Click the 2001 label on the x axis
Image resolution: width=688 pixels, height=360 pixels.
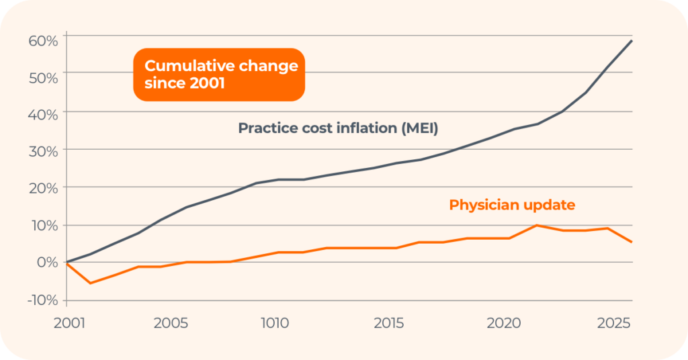69,323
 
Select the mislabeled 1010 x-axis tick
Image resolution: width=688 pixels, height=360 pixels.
274,323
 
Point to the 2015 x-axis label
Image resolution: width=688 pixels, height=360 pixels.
389,323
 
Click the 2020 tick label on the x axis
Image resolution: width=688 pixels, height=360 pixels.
504,323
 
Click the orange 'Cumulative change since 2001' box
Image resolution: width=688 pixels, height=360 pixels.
220,75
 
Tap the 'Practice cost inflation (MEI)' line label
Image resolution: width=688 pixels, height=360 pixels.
338,128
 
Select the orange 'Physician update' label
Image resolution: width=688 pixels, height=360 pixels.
512,205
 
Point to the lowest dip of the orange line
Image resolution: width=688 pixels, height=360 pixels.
90,283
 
